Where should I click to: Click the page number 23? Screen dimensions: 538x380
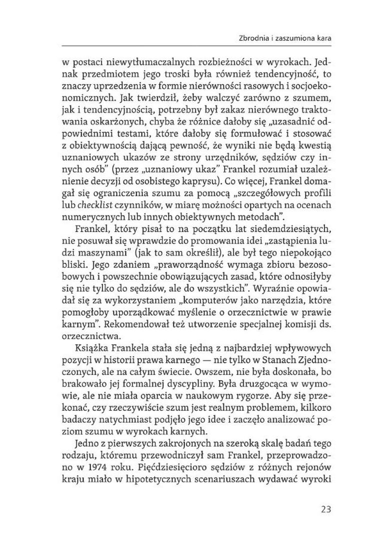click(324, 510)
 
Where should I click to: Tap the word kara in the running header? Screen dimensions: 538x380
click(325, 37)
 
